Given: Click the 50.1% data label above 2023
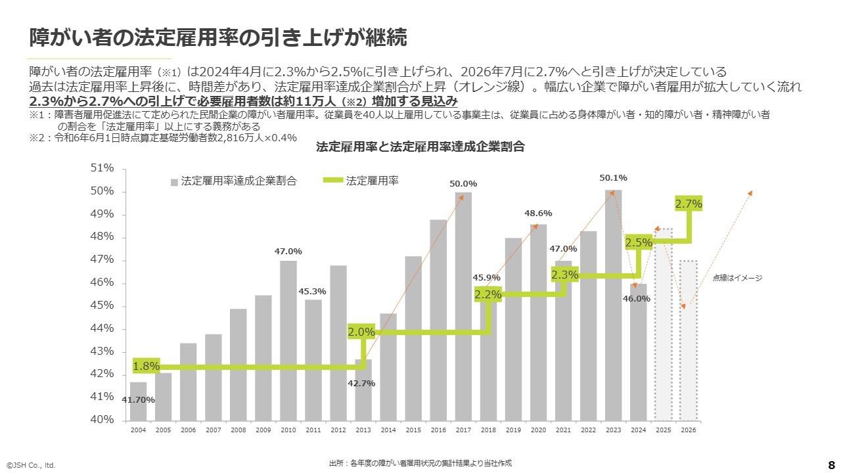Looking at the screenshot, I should (613, 177).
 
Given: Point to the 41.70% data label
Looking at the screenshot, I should (138, 399).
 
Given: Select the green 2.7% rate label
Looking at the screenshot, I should (689, 204).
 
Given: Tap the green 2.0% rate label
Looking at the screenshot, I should (361, 332).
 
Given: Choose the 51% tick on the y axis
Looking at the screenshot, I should (102, 169).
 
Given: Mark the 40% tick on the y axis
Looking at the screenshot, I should (102, 420).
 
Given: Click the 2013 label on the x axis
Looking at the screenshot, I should (363, 430).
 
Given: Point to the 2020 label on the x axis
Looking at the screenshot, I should (538, 430).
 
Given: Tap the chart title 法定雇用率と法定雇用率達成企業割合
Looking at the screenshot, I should (420, 147).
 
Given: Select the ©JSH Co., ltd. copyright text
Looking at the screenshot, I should (32, 465).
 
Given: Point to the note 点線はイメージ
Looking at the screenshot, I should (737, 278).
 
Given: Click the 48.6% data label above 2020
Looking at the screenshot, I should (538, 214).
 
